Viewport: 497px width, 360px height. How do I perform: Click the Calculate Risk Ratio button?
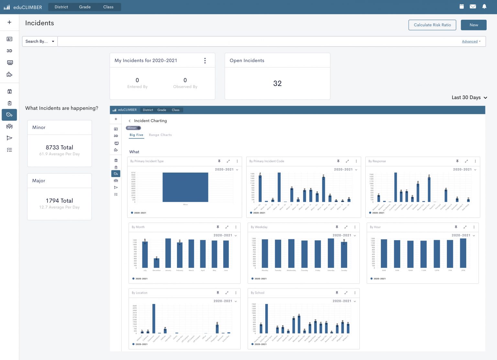(x=432, y=25)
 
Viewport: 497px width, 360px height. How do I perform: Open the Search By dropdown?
(x=39, y=41)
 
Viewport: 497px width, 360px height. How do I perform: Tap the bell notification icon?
(x=484, y=6)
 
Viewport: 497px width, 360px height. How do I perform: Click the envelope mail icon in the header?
(x=473, y=6)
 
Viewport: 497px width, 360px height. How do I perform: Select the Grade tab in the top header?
(x=85, y=7)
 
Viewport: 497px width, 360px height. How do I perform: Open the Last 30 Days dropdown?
(x=469, y=97)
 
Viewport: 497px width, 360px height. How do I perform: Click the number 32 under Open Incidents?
(x=277, y=84)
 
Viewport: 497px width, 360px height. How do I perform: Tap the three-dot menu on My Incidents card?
(x=205, y=61)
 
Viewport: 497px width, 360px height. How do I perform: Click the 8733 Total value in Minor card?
(x=59, y=148)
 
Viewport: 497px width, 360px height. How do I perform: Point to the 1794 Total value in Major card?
(x=59, y=201)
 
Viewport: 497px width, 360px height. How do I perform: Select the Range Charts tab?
(x=160, y=135)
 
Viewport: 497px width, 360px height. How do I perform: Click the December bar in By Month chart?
(x=156, y=263)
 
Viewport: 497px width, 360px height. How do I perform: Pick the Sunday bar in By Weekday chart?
(x=344, y=255)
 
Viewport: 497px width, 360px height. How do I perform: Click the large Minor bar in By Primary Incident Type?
(x=185, y=187)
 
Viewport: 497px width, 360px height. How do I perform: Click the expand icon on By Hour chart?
(x=465, y=227)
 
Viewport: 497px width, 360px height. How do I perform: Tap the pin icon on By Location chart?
(x=218, y=293)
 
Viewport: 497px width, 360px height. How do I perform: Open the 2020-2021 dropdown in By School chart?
(x=344, y=301)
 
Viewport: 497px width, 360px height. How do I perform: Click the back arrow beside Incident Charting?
(x=130, y=121)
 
